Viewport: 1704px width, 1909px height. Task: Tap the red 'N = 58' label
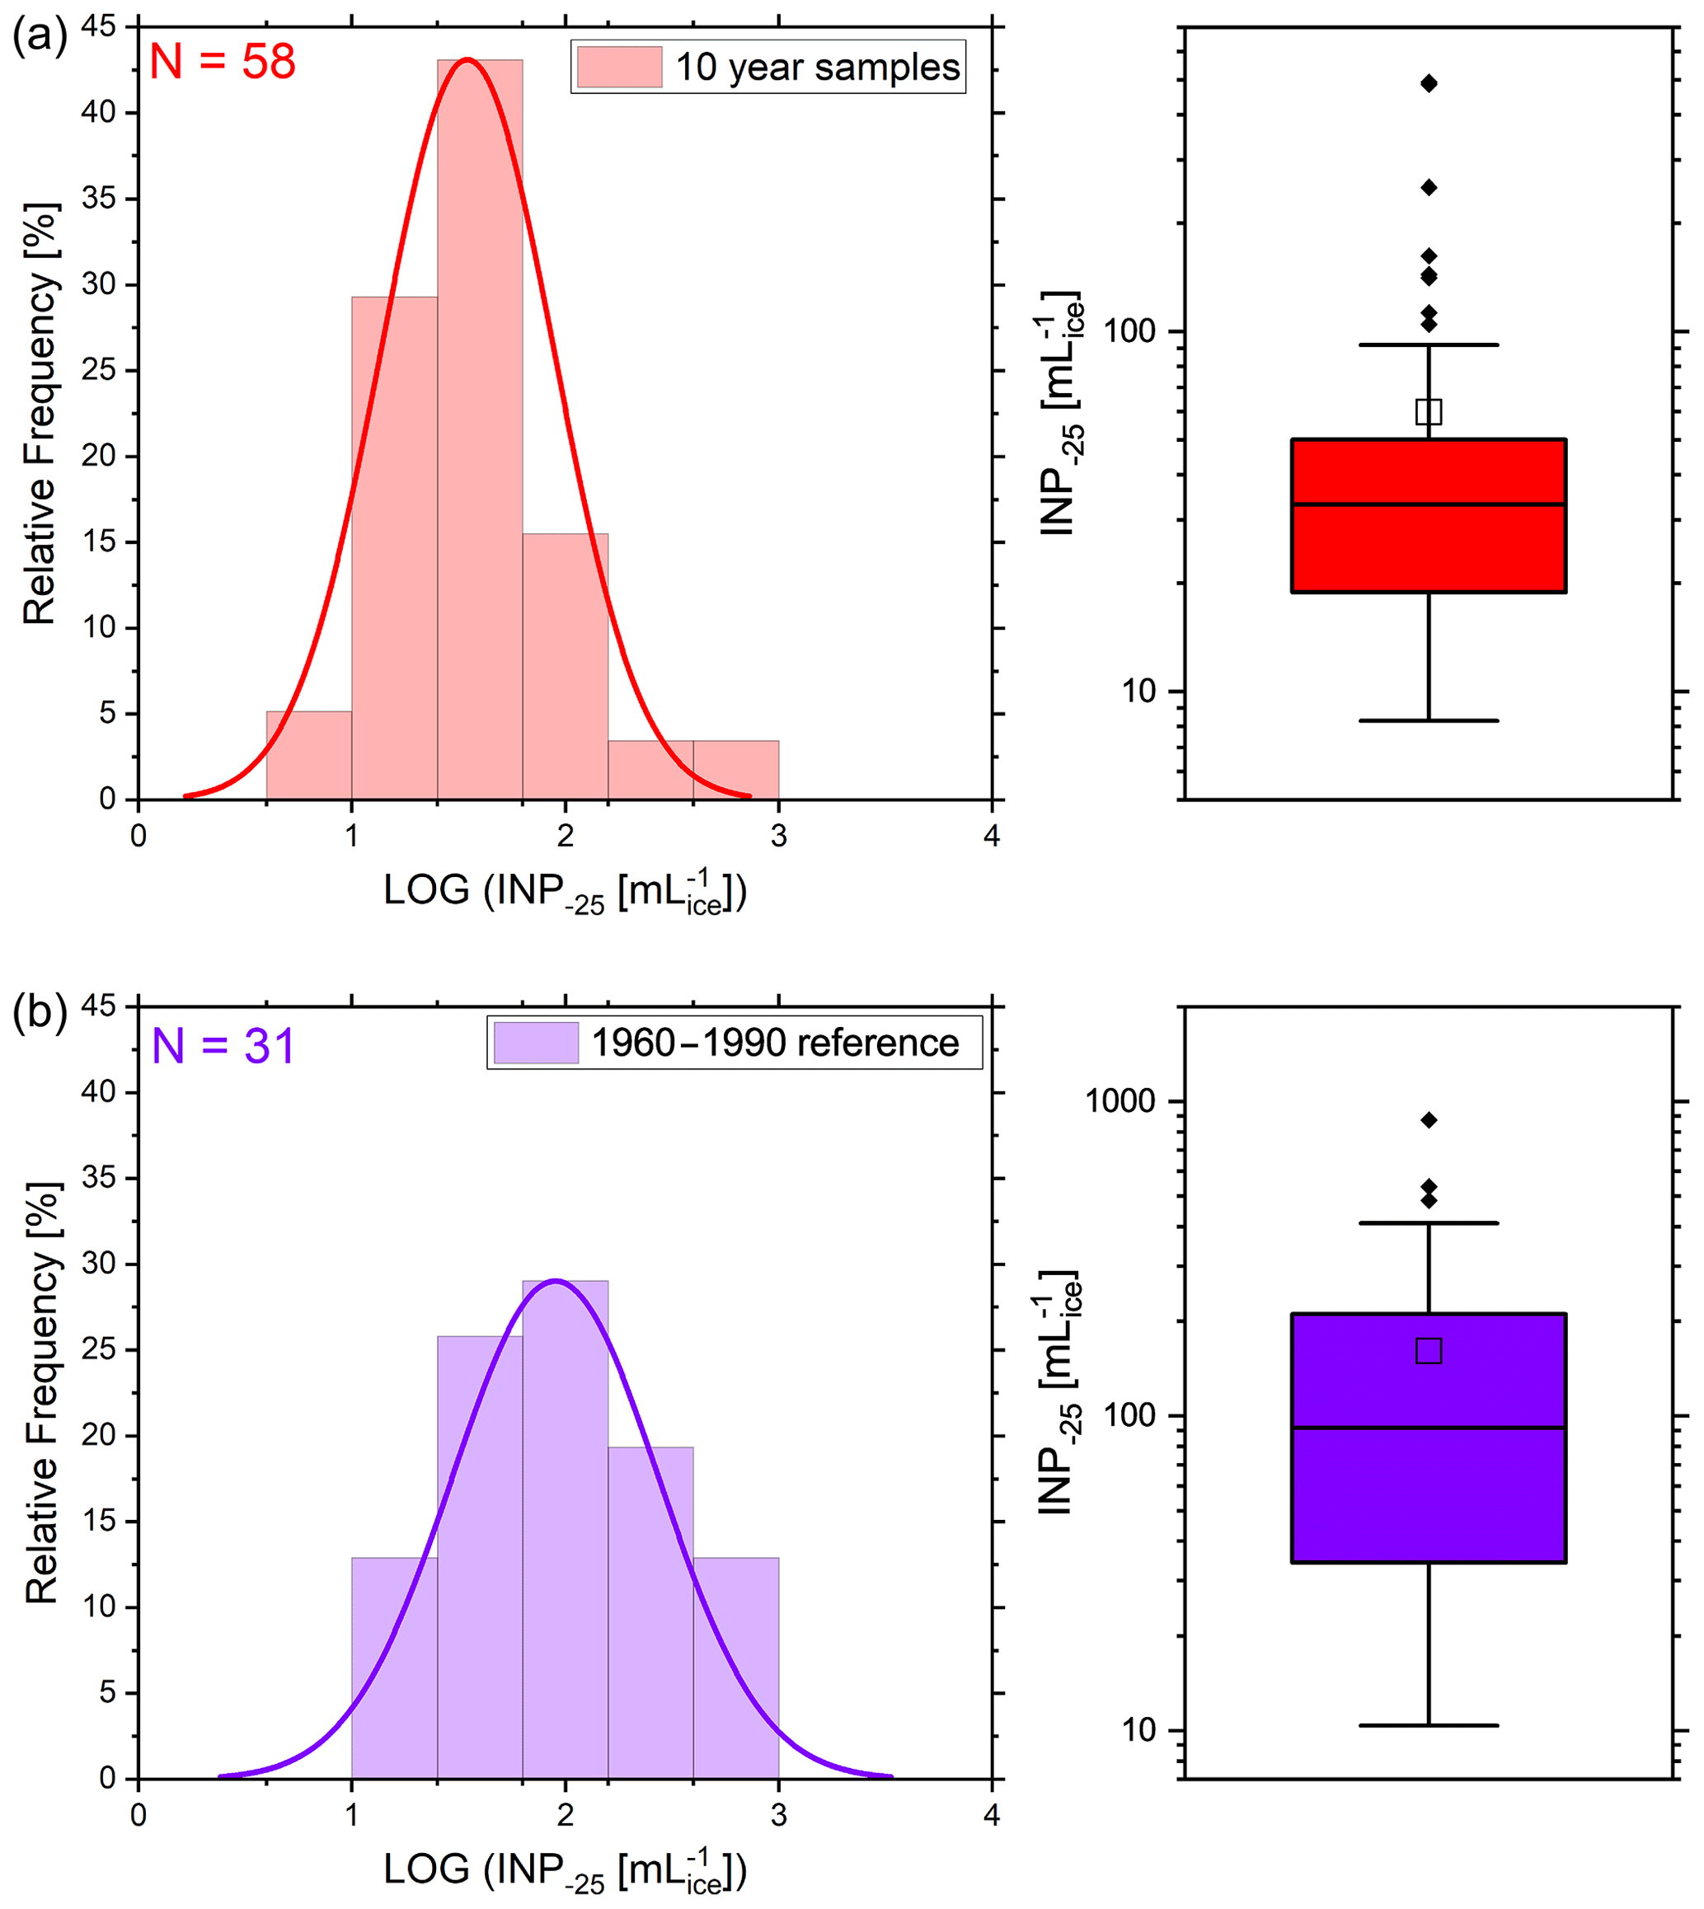click(223, 62)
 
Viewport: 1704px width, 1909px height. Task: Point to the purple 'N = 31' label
click(223, 1046)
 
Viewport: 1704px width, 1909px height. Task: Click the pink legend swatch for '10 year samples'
click(619, 68)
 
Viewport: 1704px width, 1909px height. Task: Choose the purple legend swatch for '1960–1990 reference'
click(536, 1043)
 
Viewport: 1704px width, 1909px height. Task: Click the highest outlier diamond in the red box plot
click(1429, 83)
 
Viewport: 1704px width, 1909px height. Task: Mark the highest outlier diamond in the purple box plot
click(1429, 1119)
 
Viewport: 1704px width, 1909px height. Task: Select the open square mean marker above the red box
click(1429, 411)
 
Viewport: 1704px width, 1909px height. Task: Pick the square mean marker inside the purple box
click(1429, 1350)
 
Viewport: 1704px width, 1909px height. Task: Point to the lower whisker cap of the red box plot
click(1429, 721)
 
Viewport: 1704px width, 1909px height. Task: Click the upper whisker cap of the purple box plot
click(1429, 1222)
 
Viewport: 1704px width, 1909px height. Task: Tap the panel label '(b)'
click(40, 1014)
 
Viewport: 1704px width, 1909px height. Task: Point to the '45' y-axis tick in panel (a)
click(98, 27)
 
